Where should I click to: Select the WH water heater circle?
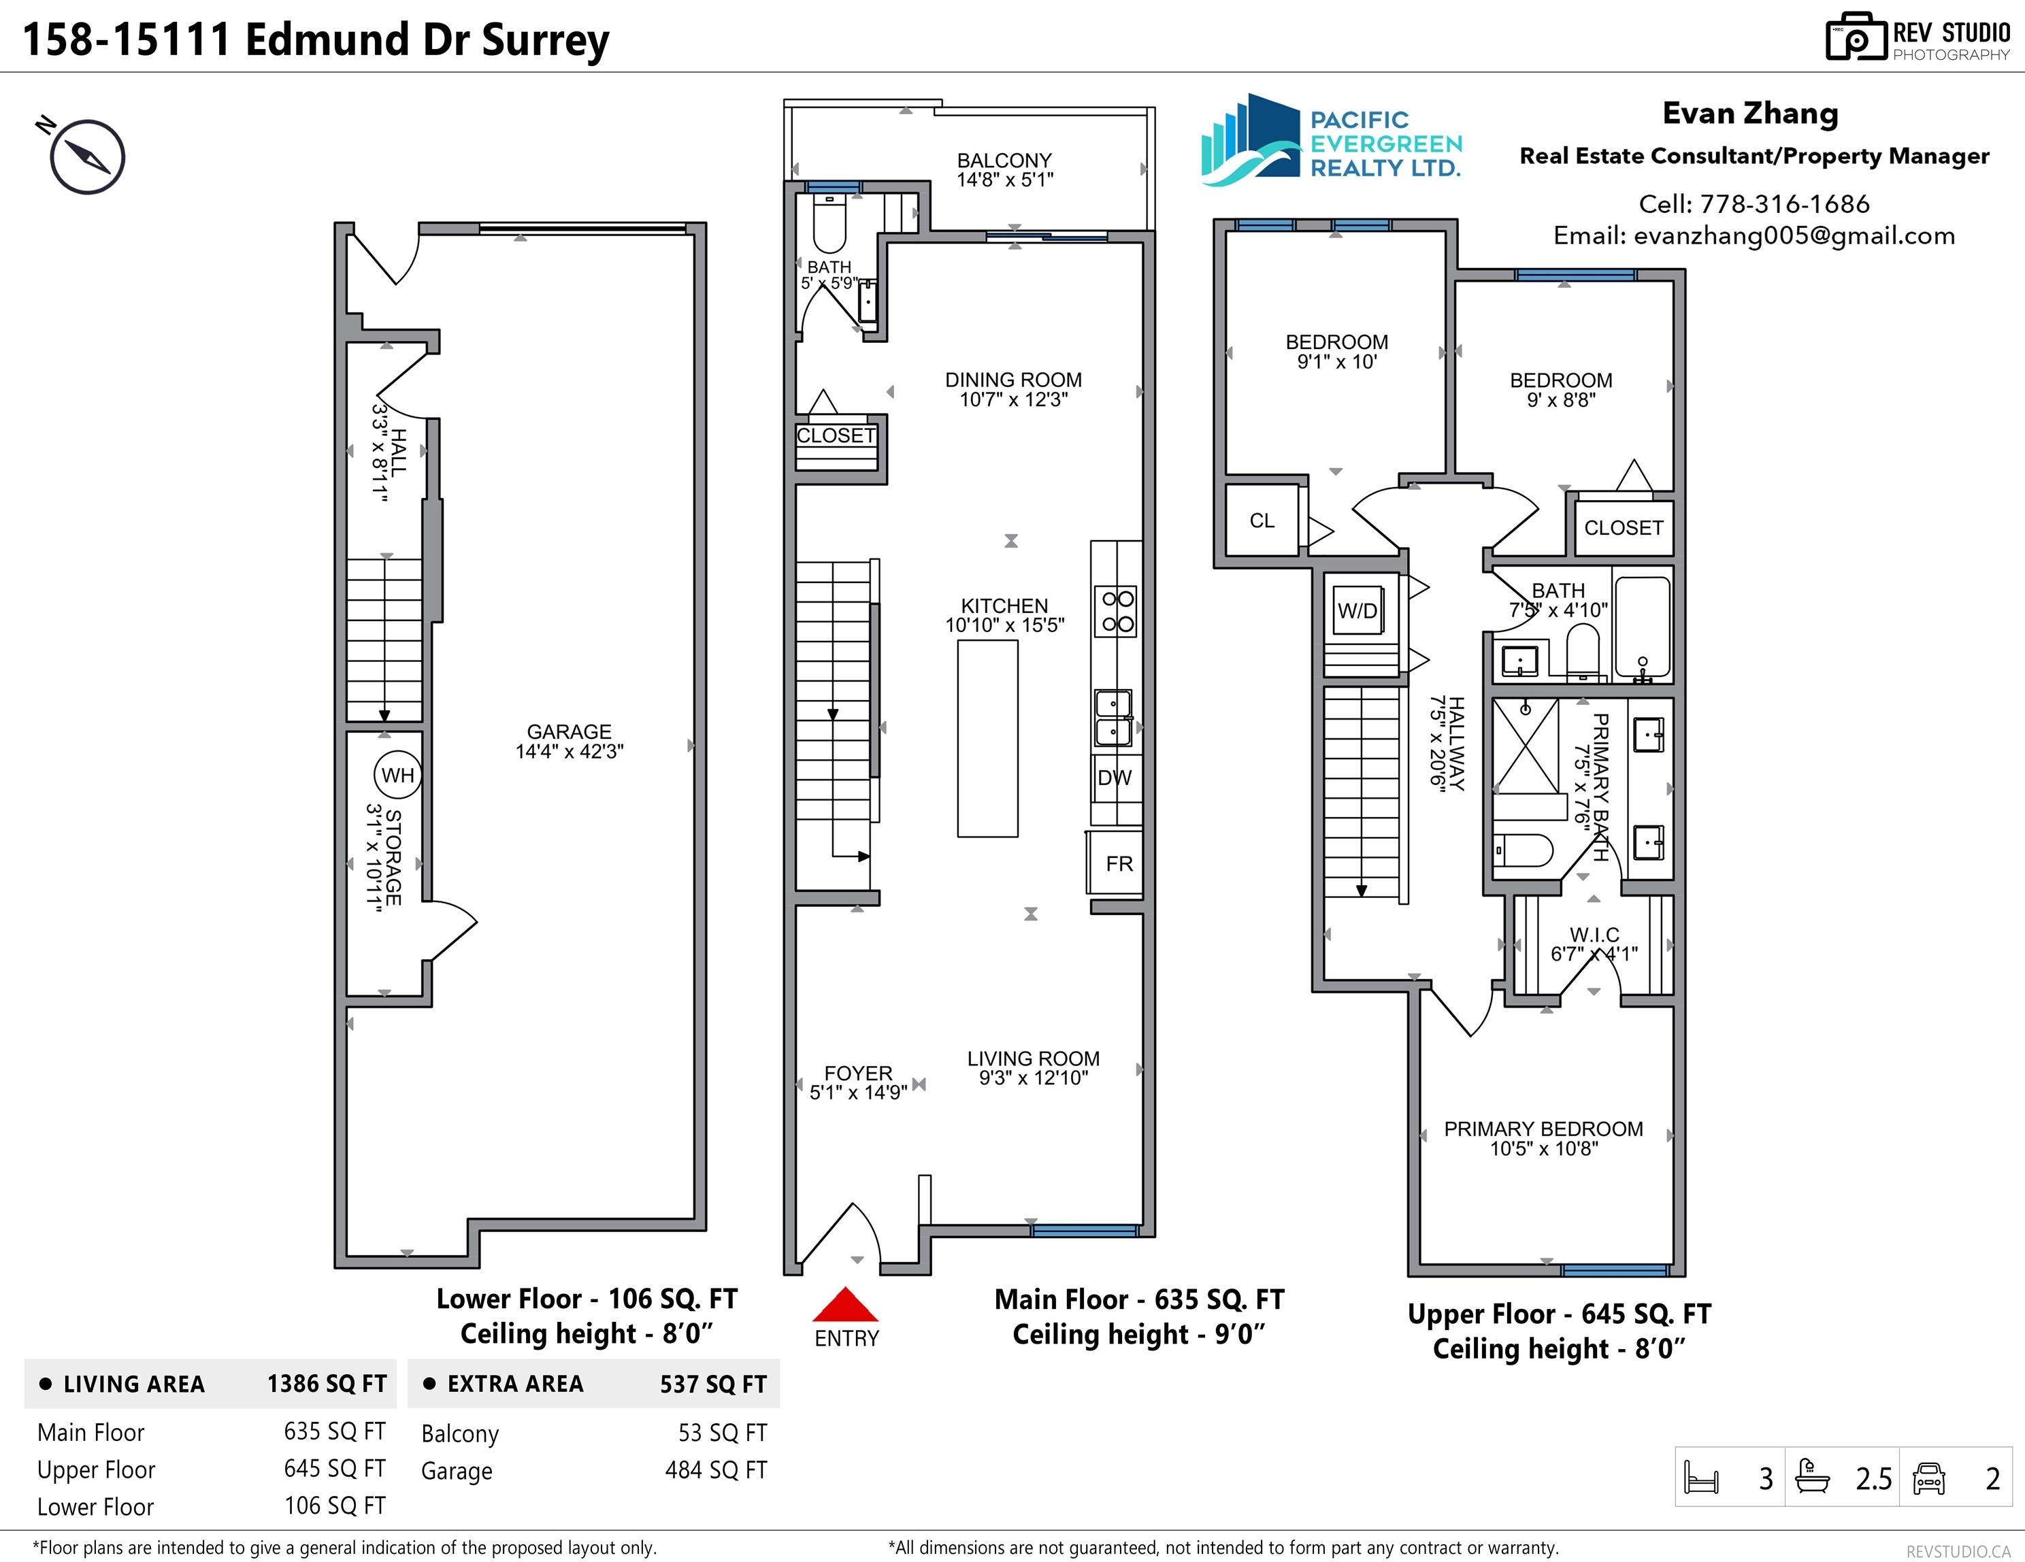[398, 775]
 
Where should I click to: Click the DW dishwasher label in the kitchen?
[1115, 778]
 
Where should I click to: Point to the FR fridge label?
[1119, 864]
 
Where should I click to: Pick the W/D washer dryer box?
[1357, 611]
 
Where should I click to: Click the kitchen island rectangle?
[987, 739]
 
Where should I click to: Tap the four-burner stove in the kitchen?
[1117, 611]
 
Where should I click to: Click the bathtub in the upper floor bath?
[1642, 627]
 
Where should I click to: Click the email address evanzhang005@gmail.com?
[1794, 236]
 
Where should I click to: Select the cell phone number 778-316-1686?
[1785, 204]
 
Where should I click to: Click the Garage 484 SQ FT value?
[716, 1470]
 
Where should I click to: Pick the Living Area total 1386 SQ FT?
[327, 1384]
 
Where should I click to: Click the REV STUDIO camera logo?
[1856, 37]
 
